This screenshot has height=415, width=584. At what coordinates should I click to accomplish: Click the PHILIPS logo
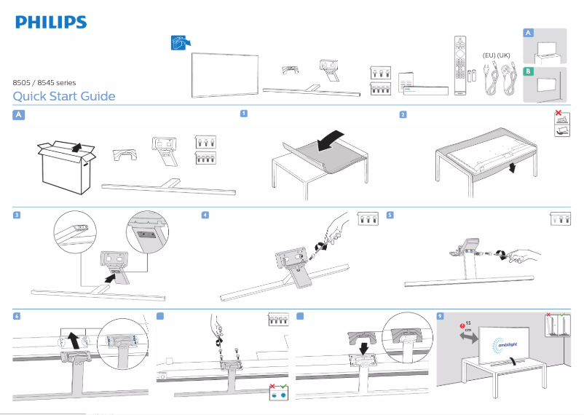[51, 22]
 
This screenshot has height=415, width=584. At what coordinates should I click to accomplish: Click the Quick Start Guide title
[64, 97]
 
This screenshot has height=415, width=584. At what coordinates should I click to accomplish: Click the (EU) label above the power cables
[489, 55]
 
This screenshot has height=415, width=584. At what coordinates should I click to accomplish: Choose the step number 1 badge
[244, 114]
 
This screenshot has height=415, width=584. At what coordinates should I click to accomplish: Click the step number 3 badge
[18, 215]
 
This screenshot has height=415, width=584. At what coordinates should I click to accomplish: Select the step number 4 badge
[205, 215]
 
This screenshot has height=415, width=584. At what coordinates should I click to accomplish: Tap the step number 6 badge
[18, 316]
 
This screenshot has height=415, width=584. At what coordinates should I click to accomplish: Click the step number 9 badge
[439, 316]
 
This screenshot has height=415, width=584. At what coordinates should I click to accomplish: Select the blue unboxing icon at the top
[173, 43]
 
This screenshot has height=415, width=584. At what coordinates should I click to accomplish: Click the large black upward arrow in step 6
[73, 339]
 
